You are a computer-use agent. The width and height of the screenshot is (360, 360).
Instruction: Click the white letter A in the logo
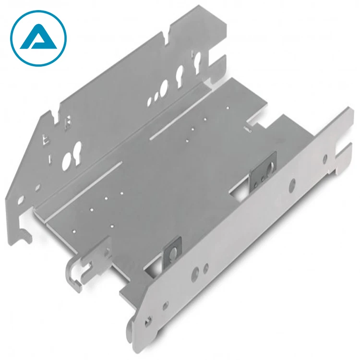(x=37, y=38)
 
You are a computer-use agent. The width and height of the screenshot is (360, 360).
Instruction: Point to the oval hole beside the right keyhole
(x=165, y=87)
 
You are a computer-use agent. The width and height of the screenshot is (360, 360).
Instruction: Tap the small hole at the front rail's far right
(x=325, y=157)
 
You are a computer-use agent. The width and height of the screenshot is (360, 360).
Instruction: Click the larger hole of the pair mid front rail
(x=195, y=274)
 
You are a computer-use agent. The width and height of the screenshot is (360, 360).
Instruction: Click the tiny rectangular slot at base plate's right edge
(x=247, y=129)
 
